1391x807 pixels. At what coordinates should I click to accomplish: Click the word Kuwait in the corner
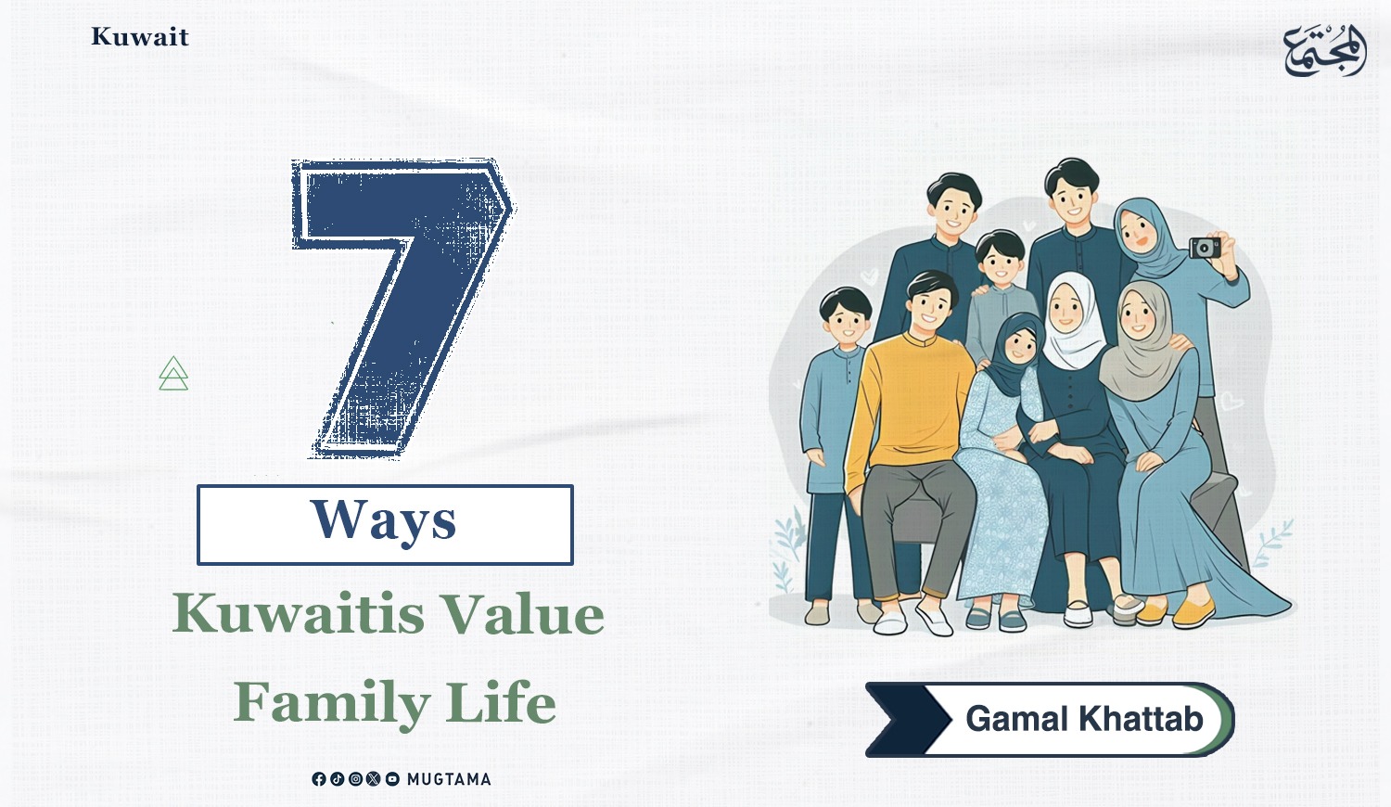140,37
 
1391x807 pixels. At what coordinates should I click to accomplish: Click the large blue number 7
402,308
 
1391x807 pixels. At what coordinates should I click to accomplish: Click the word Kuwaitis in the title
299,613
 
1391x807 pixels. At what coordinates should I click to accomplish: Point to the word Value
525,613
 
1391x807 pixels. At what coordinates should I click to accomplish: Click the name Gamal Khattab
1084,719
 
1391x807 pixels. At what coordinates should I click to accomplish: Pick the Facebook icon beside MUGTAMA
319,779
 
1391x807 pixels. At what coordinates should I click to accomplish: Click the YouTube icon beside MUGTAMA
392,779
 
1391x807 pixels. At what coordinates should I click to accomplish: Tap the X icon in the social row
373,779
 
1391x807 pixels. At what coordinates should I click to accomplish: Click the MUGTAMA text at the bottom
449,779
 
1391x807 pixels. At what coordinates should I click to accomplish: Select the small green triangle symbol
173,374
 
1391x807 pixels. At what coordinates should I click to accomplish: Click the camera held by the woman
1206,248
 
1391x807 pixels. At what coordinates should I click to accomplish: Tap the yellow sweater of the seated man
910,403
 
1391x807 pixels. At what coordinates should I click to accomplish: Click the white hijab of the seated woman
1072,323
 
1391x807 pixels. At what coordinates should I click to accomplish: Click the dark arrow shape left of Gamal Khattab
908,720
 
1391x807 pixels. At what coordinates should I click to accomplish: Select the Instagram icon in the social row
355,779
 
